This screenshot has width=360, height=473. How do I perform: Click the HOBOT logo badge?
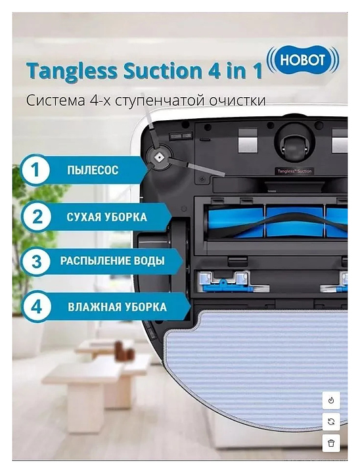(x=303, y=60)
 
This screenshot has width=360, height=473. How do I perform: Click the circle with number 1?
(x=35, y=169)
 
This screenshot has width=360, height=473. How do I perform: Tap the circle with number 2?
(x=37, y=216)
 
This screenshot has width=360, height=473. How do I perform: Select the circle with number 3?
(x=37, y=261)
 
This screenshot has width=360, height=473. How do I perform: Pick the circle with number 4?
(x=37, y=307)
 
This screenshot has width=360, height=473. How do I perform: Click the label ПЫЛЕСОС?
(x=93, y=170)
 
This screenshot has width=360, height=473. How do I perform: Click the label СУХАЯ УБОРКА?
(x=107, y=217)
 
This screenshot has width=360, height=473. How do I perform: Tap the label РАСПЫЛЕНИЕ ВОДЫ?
(x=112, y=261)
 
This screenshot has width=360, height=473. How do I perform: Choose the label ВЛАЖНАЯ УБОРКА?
(x=117, y=307)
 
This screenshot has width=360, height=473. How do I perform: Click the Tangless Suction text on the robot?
(x=294, y=171)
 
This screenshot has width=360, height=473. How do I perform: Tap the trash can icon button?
(x=331, y=443)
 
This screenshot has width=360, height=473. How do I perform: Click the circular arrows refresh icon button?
(x=331, y=422)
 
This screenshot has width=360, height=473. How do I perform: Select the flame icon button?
(x=331, y=400)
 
